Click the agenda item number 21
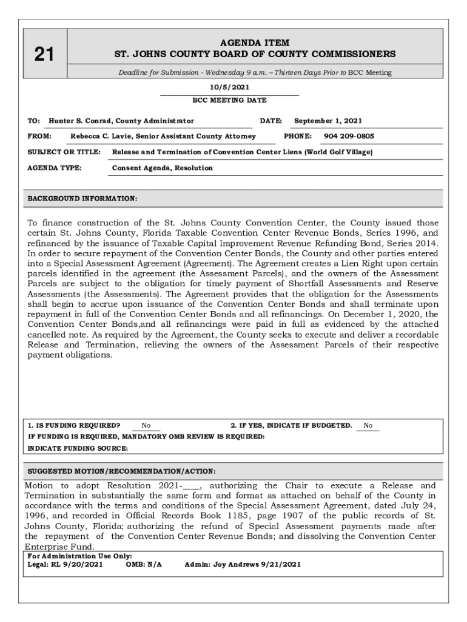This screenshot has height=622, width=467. tap(44, 55)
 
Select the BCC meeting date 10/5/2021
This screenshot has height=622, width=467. tap(229, 87)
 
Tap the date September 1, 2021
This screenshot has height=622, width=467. tap(328, 121)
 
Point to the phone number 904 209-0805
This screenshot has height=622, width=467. tap(349, 136)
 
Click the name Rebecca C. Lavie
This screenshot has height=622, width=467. tap(102, 136)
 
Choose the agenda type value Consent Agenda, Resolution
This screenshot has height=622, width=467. tap(163, 168)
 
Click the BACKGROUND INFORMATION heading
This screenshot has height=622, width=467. tap(82, 199)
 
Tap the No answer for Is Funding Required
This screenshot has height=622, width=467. tap(146, 426)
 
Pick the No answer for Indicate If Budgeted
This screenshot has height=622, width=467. tap(368, 426)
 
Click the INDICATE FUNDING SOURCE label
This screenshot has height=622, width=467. tap(78, 448)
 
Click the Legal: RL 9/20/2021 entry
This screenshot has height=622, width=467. tap(66, 564)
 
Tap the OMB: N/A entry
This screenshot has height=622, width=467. tap(144, 564)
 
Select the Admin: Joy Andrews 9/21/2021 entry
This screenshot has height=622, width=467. tap(243, 564)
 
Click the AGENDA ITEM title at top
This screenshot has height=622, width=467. tap(255, 43)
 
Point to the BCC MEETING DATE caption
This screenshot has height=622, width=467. tap(229, 100)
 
